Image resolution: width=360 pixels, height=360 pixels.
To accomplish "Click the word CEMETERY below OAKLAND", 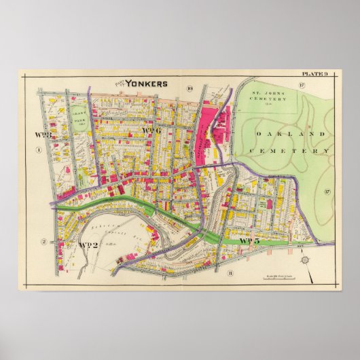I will [289, 151].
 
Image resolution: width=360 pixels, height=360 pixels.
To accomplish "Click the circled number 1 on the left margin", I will [39, 150].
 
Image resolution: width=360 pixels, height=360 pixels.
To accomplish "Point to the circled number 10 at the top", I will [190, 87].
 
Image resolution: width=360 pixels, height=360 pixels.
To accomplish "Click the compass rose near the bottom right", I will [304, 261].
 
